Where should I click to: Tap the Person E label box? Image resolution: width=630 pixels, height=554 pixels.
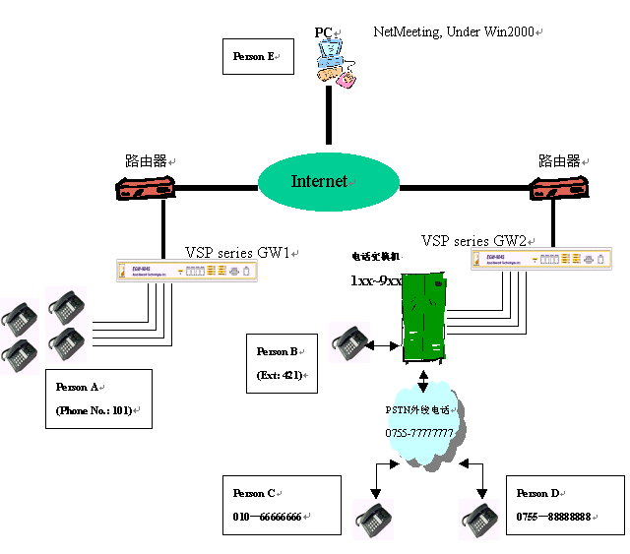pyautogui.click(x=260, y=56)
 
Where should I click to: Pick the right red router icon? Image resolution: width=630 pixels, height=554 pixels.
pyautogui.click(x=558, y=187)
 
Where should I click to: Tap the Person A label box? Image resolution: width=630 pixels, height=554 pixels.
pyautogui.click(x=98, y=399)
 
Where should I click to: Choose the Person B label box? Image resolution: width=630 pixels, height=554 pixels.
pyautogui.click(x=283, y=363)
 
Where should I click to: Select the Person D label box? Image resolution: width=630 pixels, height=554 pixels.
pyautogui.click(x=564, y=505)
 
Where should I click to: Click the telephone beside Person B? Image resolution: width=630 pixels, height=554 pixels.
pyautogui.click(x=349, y=343)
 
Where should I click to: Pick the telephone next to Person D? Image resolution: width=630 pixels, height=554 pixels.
pyautogui.click(x=478, y=519)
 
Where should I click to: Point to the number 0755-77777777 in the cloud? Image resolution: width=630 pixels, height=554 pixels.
pyautogui.click(x=419, y=433)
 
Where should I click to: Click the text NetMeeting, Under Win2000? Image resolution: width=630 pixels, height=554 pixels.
pyautogui.click(x=455, y=32)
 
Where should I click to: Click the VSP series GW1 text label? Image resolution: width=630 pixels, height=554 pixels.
pyautogui.click(x=238, y=252)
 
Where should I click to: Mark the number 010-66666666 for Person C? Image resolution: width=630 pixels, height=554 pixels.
pyautogui.click(x=267, y=517)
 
